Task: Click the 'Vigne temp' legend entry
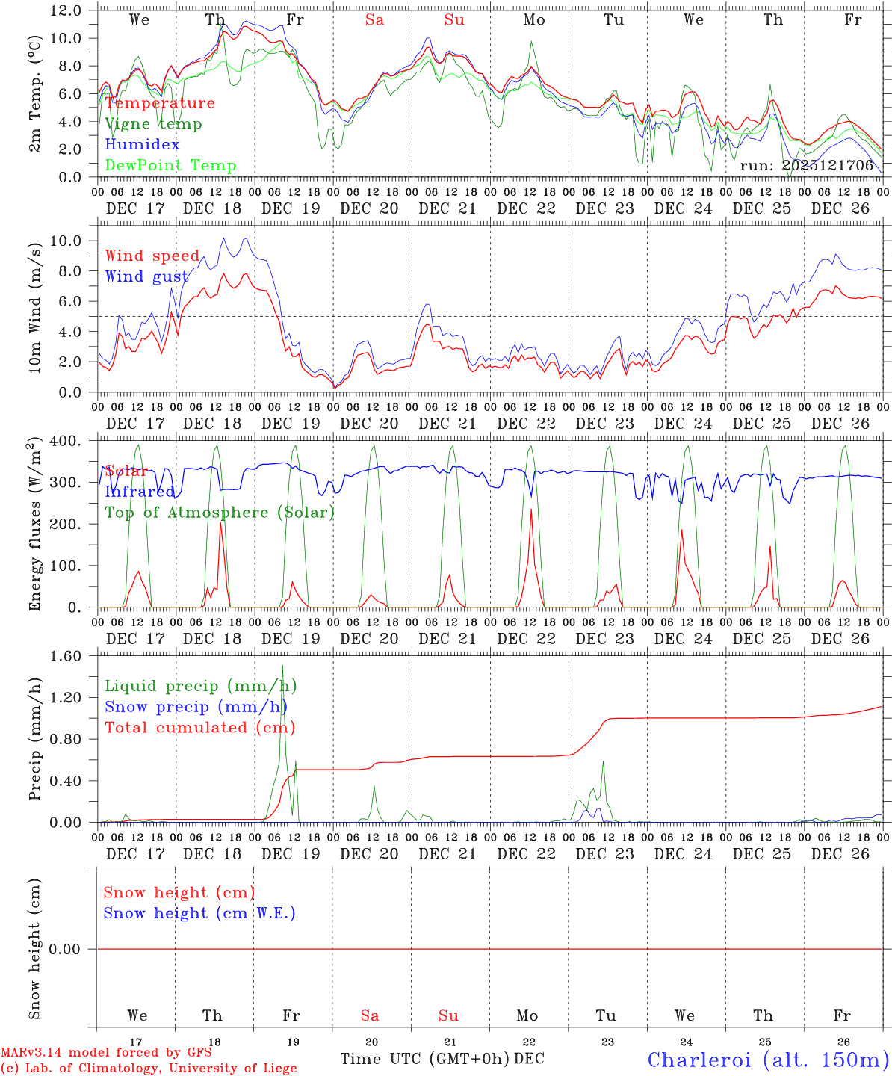[153, 124]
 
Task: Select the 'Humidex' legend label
[142, 145]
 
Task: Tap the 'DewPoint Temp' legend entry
[170, 166]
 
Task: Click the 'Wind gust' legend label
[146, 277]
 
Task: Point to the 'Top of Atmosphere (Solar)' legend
[220, 513]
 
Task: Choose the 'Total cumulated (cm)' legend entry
[200, 728]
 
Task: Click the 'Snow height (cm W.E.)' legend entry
[199, 913]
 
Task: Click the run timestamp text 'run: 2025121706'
[806, 166]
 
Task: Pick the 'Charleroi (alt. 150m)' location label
[768, 1060]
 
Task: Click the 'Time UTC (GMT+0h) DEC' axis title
[442, 1059]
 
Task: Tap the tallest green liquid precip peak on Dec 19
[282, 666]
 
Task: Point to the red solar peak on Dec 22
[531, 510]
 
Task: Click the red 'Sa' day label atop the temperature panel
[374, 20]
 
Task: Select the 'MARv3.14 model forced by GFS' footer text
[106, 1053]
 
